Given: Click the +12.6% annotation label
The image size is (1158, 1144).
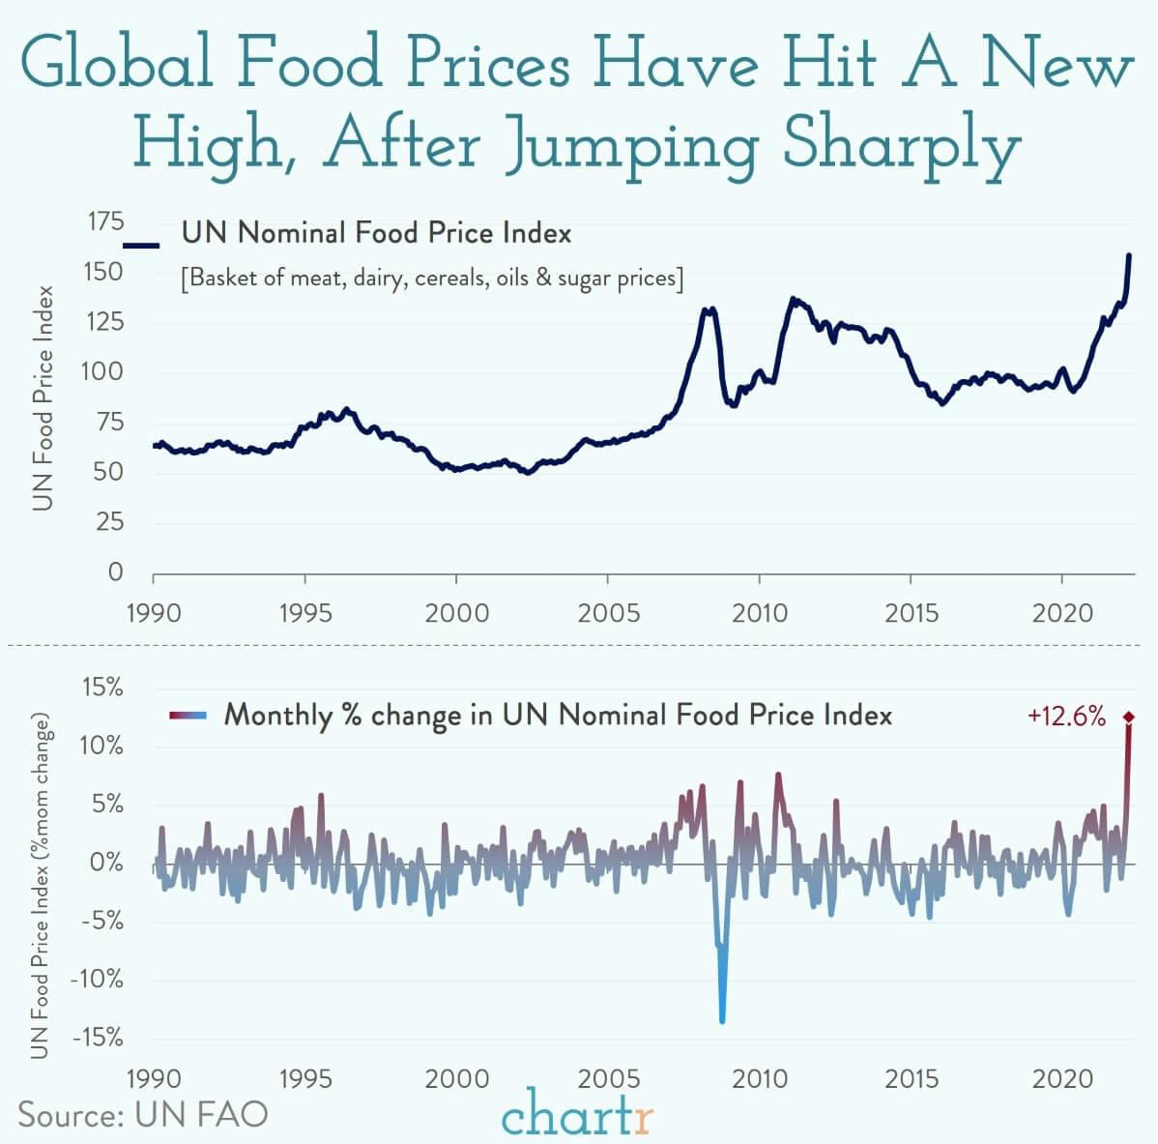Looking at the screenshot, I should tap(1066, 717).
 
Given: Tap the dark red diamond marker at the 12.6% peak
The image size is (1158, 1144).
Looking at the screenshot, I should tap(1128, 717).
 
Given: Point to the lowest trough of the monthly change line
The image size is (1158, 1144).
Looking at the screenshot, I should tap(722, 1019).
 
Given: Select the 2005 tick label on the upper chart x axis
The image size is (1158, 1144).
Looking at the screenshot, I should tap(607, 613).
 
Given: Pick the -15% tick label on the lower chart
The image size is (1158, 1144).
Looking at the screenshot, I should tap(97, 1039).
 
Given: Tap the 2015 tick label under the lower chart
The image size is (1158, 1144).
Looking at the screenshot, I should tap(912, 1078).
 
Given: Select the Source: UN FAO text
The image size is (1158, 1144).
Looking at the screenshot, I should tap(143, 1114).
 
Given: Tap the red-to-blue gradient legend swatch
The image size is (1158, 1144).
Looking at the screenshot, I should tap(188, 716).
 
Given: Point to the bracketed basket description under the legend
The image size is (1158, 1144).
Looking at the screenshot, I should tap(432, 279).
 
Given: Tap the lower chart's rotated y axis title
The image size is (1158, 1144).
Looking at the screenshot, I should tap(41, 887).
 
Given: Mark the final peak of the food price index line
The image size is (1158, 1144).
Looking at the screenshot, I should tap(1129, 255).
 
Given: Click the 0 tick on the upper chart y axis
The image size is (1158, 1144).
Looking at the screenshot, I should tap(115, 572).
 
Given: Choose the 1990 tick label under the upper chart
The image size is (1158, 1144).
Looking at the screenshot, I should tap(154, 613).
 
